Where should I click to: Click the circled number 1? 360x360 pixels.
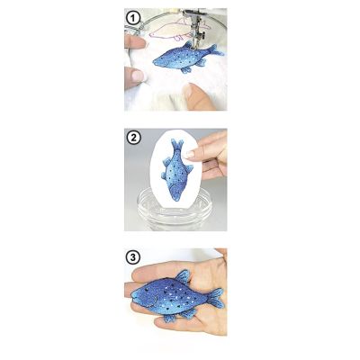point(133,19)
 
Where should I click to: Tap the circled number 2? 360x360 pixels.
point(133,138)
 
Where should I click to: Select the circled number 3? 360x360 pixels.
point(133,257)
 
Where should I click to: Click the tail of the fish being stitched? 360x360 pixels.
point(216,50)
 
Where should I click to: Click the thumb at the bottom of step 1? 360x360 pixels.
point(199,96)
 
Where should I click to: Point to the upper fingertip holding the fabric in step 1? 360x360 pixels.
point(136,41)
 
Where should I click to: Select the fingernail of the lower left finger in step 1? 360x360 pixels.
point(139,76)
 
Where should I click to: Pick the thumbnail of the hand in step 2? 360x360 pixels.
point(190,154)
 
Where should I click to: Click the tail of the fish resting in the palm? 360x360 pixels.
point(216,298)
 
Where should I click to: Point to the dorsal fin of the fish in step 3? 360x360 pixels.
point(183,276)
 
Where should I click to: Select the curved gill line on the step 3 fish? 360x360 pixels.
point(155,300)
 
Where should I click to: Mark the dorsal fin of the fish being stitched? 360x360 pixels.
point(188,46)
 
